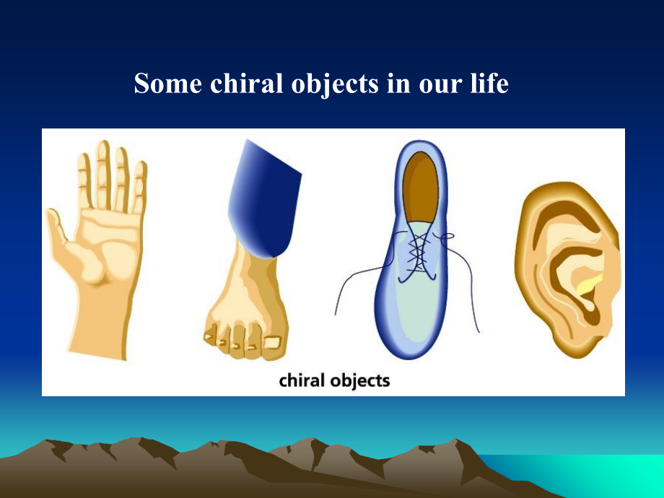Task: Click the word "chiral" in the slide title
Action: (x=246, y=83)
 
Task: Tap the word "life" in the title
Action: (x=489, y=83)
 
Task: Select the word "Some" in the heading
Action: (x=167, y=83)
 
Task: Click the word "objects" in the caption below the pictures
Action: (x=360, y=380)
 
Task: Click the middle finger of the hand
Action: (x=103, y=174)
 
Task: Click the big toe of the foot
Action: (x=272, y=344)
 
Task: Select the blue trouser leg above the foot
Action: (x=264, y=199)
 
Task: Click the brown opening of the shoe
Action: (x=420, y=187)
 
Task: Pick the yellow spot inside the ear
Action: (x=589, y=284)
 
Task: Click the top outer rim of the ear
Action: (x=567, y=191)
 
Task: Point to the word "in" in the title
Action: (x=398, y=83)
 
